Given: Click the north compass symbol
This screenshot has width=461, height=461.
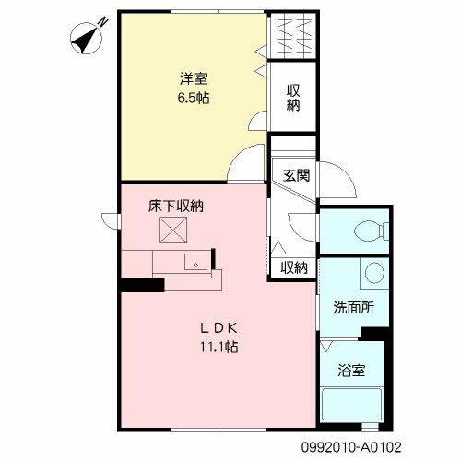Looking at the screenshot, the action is (87, 39).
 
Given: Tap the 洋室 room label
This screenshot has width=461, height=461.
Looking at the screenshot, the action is (194, 78).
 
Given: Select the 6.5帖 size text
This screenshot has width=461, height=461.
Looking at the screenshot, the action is (194, 98).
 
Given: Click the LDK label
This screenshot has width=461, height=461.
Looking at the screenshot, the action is (219, 328).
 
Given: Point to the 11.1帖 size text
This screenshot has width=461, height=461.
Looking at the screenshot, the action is (219, 347).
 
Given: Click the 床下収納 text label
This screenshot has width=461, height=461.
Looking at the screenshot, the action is (176, 206).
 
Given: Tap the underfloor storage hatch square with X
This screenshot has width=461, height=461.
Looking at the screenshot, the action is (172, 230).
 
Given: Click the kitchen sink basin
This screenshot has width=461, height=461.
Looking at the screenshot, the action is (195, 262).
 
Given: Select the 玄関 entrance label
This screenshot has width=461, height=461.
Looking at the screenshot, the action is (296, 175).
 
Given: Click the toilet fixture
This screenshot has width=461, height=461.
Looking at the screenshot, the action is (372, 230).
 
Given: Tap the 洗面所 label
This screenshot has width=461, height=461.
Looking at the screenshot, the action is (354, 307).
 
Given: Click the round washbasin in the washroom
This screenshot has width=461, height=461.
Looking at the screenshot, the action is (374, 273).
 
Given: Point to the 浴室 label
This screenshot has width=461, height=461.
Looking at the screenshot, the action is (351, 371).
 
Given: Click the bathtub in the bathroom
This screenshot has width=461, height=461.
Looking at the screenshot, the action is (351, 405).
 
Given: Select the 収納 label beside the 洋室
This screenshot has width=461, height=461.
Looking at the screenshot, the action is (293, 98).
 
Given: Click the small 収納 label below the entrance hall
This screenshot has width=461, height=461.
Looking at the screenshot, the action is (294, 268).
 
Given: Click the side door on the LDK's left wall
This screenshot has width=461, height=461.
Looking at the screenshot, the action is (111, 221).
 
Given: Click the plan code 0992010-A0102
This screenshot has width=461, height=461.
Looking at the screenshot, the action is (351, 447).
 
